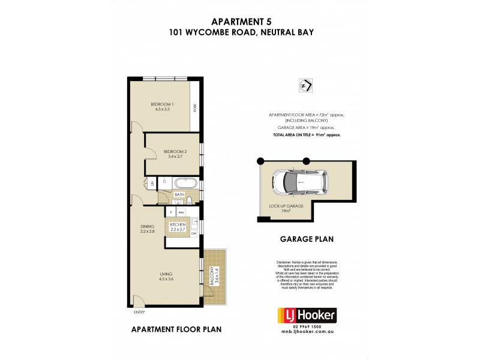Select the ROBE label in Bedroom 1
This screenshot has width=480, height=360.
[194, 108]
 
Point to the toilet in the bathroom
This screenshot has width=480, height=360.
[190, 200]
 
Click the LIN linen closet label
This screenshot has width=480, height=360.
[153, 182]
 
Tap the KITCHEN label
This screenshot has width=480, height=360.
[178, 226]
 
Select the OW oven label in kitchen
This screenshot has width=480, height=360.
[194, 234]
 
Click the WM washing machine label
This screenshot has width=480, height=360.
[181, 213]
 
